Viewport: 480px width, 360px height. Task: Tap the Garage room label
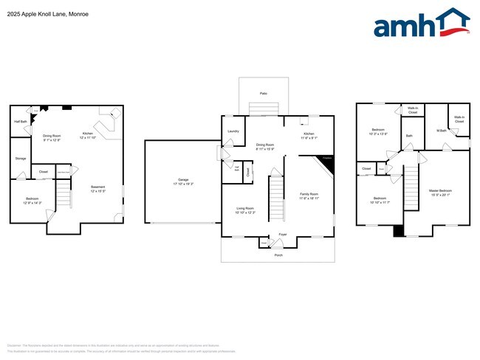pos(183,181)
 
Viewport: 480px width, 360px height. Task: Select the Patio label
pos(264,93)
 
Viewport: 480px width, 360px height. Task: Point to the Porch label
pos(278,255)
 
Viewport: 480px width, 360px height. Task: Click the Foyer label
pos(282,235)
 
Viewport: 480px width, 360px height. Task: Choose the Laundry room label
pos(233,131)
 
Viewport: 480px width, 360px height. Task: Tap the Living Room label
pos(244,210)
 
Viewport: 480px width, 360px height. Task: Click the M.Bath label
pos(441,131)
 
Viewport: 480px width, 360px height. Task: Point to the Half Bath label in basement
pos(21,122)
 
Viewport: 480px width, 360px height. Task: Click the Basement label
pos(97,188)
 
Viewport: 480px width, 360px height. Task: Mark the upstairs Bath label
pos(409,136)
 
